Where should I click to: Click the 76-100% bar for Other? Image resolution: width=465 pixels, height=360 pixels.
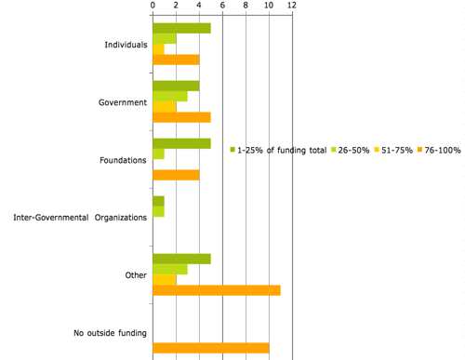pos(216,290)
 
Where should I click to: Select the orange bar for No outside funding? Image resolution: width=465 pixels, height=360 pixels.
pos(210,348)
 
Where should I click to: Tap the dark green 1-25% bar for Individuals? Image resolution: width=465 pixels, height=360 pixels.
pos(181,28)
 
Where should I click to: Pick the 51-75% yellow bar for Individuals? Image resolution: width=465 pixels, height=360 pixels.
pos(158,49)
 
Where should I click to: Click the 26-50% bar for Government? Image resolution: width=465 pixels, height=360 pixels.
pos(169,96)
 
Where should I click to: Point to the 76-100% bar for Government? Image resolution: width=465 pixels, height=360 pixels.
pos(181,117)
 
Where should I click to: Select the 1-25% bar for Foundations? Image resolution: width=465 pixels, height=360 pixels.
pos(181,143)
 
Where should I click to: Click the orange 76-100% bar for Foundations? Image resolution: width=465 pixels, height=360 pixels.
pos(176,175)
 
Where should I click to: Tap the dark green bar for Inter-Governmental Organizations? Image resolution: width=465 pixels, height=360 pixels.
pos(158,201)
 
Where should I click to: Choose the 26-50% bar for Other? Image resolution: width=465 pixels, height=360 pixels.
pos(169,270)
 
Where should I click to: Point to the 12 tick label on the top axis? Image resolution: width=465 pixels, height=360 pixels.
pos(292,6)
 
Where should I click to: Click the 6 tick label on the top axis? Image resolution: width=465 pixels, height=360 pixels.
pos(222,6)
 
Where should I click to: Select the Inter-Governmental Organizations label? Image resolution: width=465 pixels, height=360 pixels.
pos(80,218)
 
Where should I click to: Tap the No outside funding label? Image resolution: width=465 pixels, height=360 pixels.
pos(110,333)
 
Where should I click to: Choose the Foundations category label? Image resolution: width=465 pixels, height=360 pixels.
pos(125,160)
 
